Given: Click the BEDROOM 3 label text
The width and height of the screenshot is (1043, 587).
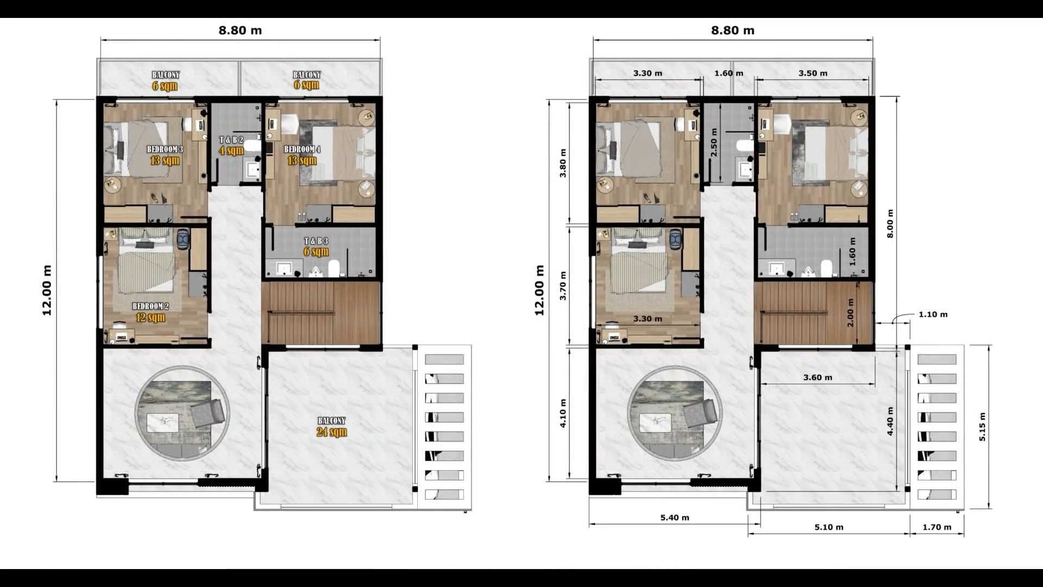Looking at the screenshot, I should (x=165, y=149).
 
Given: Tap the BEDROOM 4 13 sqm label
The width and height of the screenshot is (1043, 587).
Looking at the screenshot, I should (x=302, y=155).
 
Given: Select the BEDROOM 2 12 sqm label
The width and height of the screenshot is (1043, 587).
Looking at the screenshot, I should (x=150, y=312).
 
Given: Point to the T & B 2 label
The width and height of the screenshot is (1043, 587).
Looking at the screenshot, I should (x=231, y=140).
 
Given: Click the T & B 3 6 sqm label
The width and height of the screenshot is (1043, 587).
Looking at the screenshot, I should (x=316, y=246).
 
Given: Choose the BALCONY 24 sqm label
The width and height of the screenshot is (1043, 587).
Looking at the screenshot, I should (x=331, y=427).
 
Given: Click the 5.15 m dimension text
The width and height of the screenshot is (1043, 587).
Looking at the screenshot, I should (x=982, y=427).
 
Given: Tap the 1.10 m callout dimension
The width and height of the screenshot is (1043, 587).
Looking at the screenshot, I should (x=933, y=314).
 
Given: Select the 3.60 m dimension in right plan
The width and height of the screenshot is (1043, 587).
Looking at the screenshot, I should (x=818, y=377).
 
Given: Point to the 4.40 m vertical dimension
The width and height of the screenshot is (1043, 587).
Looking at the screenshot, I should (x=890, y=421).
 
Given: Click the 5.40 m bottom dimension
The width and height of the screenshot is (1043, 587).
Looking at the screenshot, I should (x=675, y=517).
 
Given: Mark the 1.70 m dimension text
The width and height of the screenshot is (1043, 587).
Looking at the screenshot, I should (x=937, y=527).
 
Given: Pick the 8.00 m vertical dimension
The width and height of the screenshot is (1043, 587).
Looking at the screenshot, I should (x=890, y=223).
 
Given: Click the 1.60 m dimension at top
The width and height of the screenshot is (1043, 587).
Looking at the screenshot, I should (x=728, y=73).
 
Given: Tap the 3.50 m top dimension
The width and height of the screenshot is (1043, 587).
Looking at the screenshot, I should (x=813, y=73).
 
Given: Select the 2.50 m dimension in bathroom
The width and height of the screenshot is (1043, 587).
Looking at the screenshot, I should (x=714, y=142).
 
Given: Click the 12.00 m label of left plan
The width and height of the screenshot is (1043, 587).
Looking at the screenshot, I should (x=47, y=290).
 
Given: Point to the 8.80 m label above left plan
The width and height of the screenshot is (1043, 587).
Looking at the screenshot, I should (x=240, y=30).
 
